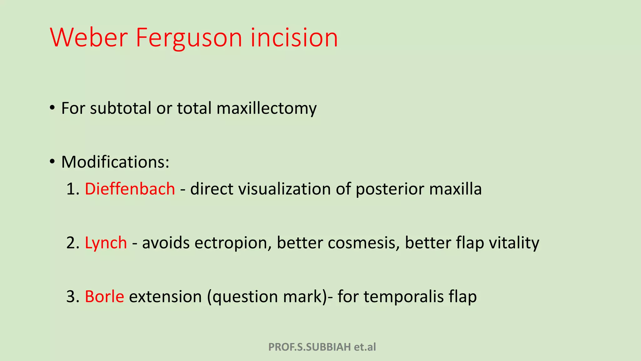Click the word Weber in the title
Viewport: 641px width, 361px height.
click(x=88, y=38)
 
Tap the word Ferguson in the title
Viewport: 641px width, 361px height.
click(x=189, y=38)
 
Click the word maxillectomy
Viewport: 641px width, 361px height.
click(x=266, y=108)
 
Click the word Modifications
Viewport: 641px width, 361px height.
click(x=115, y=162)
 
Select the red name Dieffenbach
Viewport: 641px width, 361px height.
click(x=130, y=189)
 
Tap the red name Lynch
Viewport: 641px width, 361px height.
click(x=106, y=243)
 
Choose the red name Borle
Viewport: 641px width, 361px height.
click(x=104, y=296)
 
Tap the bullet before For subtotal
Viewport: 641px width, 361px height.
click(x=52, y=108)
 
